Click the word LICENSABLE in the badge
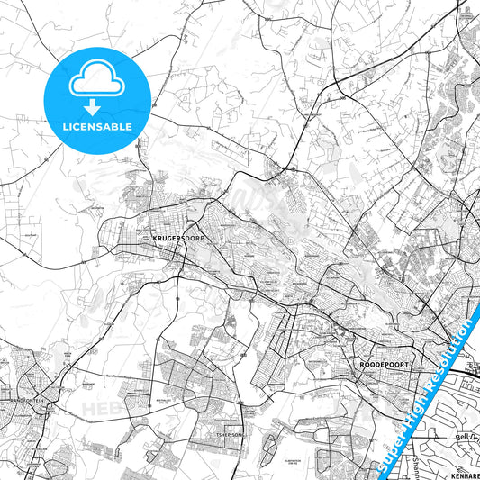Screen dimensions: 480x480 point(95,126)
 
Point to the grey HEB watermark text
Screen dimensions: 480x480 point(99,410)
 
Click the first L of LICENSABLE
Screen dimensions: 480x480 point(64,126)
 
